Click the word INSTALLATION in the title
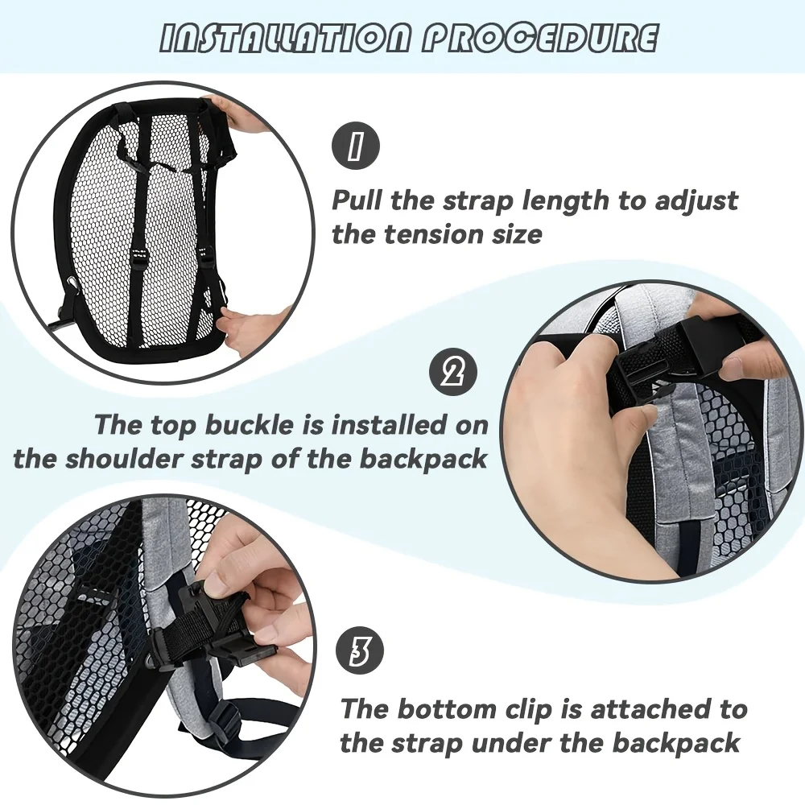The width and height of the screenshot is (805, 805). coord(286,39)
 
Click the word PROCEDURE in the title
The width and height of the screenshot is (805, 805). coord(540,39)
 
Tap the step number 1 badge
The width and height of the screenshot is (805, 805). coord(357,146)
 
